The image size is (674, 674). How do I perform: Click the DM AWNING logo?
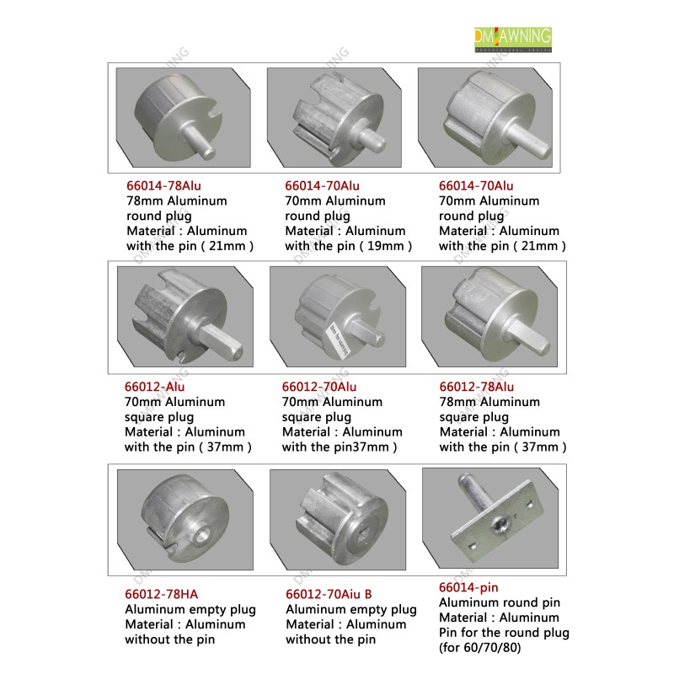pos(513,40)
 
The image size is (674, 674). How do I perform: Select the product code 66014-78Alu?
pos(163,185)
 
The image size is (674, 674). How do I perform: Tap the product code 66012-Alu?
pos(154,387)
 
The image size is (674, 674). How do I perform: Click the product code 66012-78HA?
pos(161,594)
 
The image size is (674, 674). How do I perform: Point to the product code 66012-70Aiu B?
pos(329,594)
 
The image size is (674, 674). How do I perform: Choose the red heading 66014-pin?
pos(468,587)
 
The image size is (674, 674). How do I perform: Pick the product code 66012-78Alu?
pos(476,387)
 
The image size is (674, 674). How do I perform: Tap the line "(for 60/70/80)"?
pos(479,647)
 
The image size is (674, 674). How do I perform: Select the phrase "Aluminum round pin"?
pos(500,602)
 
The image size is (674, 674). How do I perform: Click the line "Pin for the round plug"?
pos(504,633)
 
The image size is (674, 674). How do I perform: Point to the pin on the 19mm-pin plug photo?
pos(371,138)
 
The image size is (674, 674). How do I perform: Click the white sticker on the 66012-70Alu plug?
pos(340,340)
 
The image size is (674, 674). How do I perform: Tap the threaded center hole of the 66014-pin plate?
pos(499,524)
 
